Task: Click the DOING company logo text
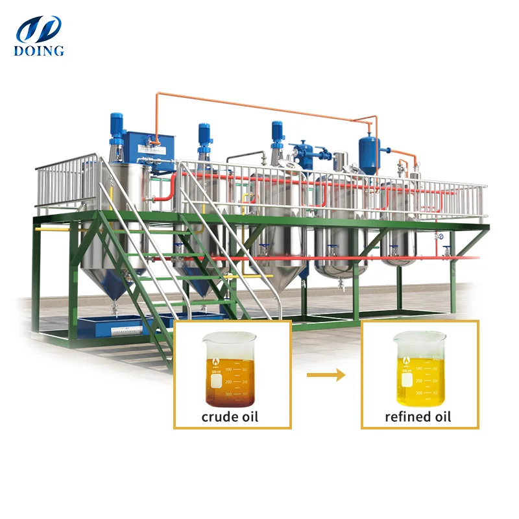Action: click(40, 51)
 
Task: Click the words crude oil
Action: click(230, 416)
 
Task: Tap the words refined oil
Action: click(418, 416)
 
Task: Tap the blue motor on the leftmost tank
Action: click(118, 127)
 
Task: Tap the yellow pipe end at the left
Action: click(39, 229)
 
